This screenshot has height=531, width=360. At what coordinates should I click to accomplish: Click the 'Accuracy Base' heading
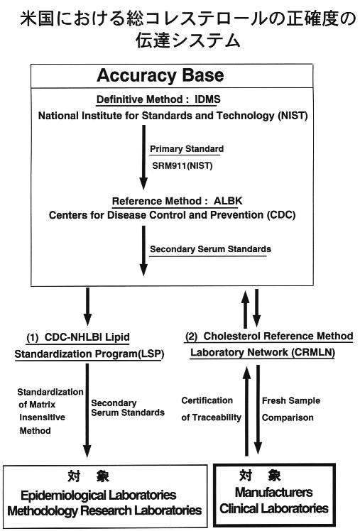point(160,75)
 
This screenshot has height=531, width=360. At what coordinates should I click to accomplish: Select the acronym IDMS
point(207,99)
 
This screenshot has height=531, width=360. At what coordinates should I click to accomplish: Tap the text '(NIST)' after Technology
point(293,116)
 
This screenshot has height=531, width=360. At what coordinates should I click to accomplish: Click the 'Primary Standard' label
point(187,148)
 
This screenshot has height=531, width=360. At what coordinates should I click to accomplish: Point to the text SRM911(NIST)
point(182,166)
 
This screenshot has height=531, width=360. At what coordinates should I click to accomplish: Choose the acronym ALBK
point(228,201)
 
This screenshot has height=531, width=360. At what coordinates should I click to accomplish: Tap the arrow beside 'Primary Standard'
point(143,157)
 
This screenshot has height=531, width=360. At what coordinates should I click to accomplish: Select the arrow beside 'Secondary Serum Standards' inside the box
point(143,251)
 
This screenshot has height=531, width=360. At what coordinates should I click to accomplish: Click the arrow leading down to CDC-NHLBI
point(87,307)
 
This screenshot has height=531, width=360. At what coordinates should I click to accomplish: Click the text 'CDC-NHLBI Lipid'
point(87,337)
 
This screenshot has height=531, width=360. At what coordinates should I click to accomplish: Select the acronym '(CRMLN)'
point(313,353)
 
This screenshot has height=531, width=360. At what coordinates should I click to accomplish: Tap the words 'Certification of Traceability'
point(212,409)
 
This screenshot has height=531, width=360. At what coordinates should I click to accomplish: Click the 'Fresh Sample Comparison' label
point(291,409)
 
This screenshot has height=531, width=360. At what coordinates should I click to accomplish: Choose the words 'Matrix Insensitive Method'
point(42,417)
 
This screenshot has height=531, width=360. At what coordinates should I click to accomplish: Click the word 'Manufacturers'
point(273,492)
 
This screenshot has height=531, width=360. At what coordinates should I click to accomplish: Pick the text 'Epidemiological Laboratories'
point(98,495)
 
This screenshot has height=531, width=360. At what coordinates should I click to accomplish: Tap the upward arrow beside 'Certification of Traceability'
point(247,411)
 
